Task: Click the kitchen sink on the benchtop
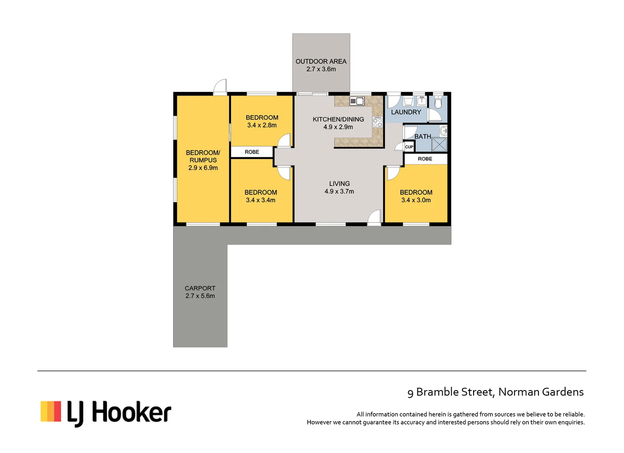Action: click(x=357, y=101)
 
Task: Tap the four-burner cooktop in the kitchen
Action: click(x=378, y=122)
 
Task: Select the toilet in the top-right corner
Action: click(x=438, y=102)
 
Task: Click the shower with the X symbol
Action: click(x=439, y=144)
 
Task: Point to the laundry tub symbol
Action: click(x=408, y=101)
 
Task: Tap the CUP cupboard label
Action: click(x=409, y=147)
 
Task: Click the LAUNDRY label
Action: click(x=406, y=112)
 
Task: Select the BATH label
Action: click(x=422, y=136)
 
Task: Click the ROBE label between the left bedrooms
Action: click(x=252, y=152)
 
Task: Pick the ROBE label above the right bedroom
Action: click(x=425, y=159)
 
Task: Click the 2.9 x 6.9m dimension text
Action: click(x=203, y=168)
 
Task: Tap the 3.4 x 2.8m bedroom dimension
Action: click(x=262, y=125)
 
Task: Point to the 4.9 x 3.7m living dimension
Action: click(x=339, y=191)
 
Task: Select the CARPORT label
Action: click(x=200, y=288)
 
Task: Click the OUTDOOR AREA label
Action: click(x=321, y=61)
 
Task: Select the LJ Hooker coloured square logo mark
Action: click(x=51, y=411)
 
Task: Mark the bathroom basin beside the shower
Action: click(x=443, y=131)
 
